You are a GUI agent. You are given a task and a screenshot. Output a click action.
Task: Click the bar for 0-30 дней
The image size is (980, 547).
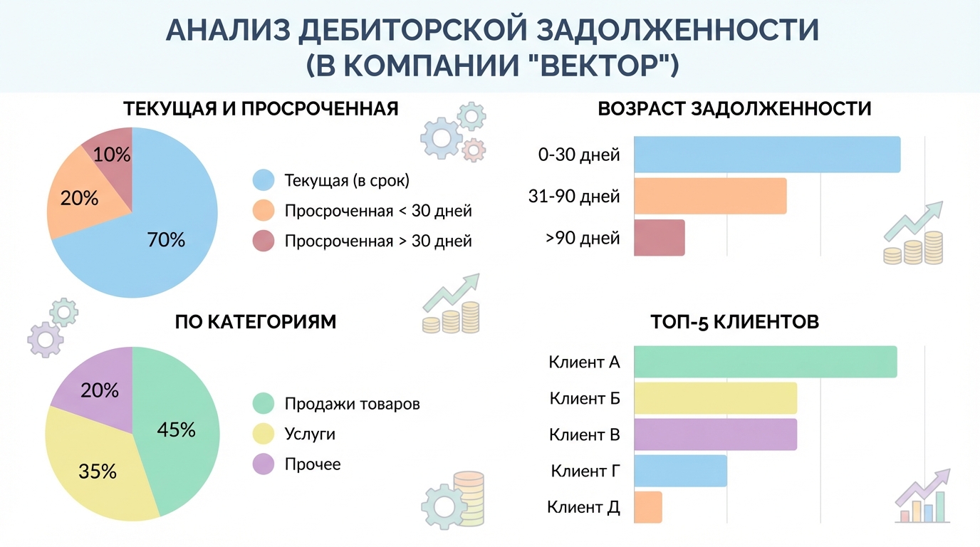[x=766, y=155]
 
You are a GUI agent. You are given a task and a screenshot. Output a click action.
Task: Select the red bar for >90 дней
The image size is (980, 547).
[x=659, y=238]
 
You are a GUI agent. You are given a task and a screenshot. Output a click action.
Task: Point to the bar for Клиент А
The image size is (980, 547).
[x=765, y=362]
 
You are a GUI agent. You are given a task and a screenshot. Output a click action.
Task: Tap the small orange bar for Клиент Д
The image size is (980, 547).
[x=647, y=507]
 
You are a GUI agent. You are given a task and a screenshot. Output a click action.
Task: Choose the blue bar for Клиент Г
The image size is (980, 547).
[x=680, y=471]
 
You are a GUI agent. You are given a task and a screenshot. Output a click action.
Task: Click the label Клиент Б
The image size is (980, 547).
[x=585, y=398]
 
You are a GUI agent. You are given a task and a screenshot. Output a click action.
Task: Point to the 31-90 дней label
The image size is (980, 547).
[x=574, y=196]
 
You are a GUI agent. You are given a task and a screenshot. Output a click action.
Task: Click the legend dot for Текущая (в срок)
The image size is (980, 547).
[x=264, y=180]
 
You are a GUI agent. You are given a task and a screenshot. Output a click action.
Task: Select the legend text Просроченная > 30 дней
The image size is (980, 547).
[x=377, y=241]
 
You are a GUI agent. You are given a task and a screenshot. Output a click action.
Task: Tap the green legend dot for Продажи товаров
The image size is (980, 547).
[x=264, y=404]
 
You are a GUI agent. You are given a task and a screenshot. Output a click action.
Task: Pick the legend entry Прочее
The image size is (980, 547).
[x=313, y=464]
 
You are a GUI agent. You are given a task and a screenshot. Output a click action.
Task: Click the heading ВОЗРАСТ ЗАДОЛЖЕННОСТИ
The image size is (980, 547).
[x=734, y=109]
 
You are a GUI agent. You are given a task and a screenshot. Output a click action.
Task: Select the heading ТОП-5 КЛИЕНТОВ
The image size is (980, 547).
[x=734, y=322]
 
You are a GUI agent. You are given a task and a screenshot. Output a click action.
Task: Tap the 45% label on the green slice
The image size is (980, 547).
[x=176, y=429]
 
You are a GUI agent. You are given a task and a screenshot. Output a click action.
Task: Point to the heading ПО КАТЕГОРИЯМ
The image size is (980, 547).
[x=255, y=322]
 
